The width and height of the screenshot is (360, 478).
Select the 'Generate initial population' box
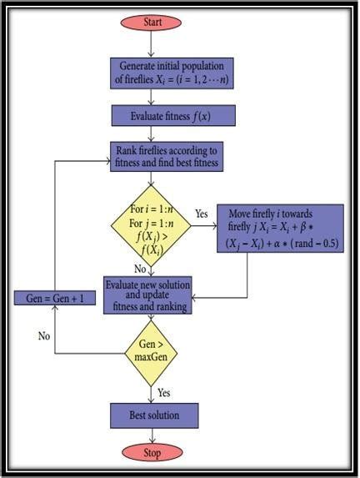pyautogui.click(x=172, y=72)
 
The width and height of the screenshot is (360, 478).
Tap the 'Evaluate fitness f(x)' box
pyautogui.click(x=172, y=115)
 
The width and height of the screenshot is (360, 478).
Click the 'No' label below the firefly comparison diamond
pyautogui.click(x=139, y=269)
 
